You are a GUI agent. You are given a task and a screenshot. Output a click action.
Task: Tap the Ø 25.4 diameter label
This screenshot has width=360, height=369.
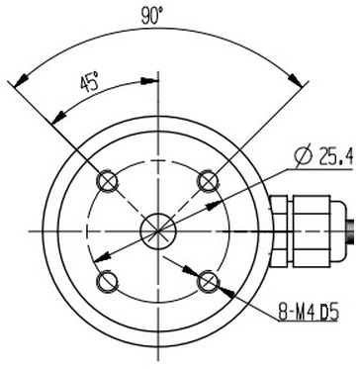point(324,157)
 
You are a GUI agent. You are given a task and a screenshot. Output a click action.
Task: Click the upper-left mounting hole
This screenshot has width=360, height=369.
point(107,181)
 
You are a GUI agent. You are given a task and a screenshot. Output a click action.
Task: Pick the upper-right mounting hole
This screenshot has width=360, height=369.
point(209,181)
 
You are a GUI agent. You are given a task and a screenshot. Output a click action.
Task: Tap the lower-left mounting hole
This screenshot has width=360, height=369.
point(107,282)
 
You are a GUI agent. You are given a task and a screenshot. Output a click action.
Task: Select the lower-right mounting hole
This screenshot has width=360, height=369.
point(209,282)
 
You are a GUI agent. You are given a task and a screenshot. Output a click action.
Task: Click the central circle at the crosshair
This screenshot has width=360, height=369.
point(158,231)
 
